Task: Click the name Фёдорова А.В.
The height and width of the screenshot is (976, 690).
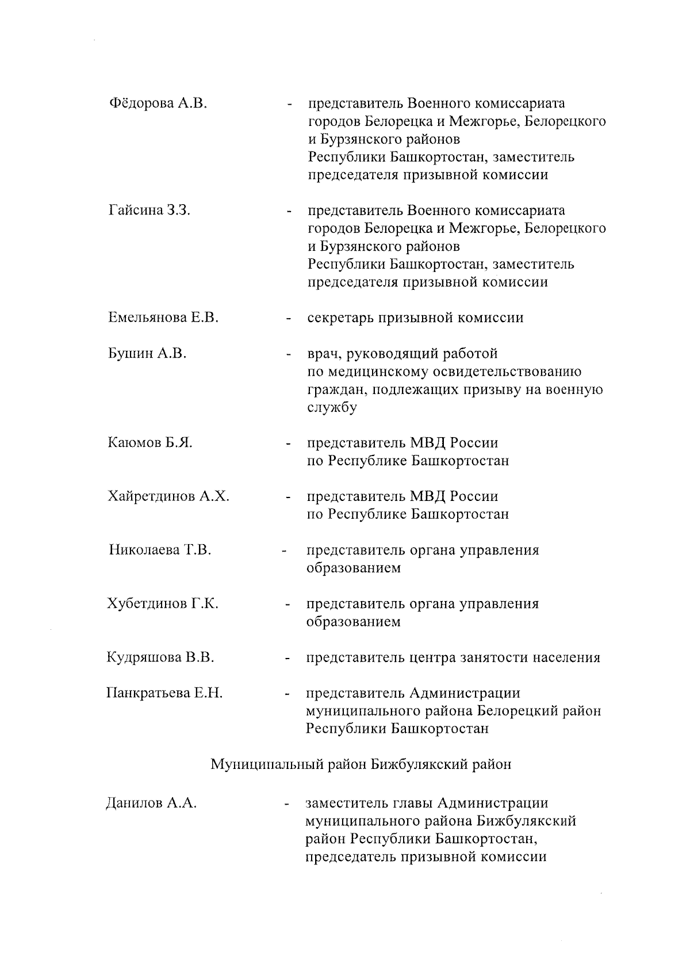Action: (158, 104)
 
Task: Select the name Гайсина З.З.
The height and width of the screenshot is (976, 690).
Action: (149, 210)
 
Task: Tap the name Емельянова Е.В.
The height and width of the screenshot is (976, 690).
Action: (163, 317)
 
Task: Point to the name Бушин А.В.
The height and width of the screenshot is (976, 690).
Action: (147, 353)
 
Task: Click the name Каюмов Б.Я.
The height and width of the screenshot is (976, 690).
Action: (150, 443)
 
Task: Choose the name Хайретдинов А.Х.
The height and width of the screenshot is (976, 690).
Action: (168, 496)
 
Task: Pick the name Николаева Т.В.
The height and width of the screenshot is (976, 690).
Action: (160, 550)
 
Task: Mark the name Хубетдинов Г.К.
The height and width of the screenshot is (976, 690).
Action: (163, 604)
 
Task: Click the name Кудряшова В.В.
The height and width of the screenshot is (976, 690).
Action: (160, 657)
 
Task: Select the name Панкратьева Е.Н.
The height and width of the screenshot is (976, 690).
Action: (164, 693)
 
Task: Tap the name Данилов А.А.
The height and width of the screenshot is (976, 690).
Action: (152, 803)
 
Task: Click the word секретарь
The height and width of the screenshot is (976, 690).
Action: (340, 317)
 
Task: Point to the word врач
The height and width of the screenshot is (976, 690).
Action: (322, 353)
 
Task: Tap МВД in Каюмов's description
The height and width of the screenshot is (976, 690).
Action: (427, 443)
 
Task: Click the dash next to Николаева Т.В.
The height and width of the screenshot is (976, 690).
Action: (283, 552)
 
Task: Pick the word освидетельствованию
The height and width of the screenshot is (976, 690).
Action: (504, 372)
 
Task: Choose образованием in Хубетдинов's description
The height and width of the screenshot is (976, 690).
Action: (353, 622)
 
